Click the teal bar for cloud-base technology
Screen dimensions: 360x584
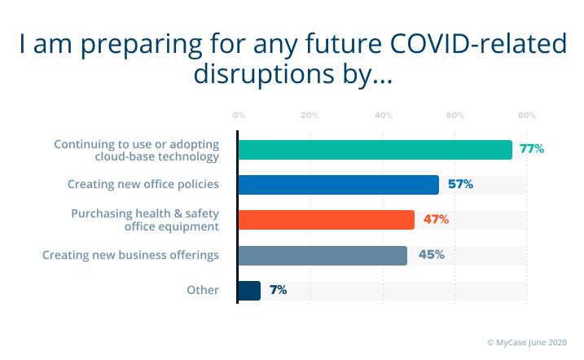click(375, 150)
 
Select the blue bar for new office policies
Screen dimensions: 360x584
click(338, 185)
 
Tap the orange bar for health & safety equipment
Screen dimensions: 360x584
click(326, 220)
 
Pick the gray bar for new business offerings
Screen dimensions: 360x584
click(323, 255)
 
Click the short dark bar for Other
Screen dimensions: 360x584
click(249, 290)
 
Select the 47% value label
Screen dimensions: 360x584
click(435, 219)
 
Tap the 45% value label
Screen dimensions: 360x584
click(431, 255)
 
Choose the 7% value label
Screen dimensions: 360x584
click(278, 290)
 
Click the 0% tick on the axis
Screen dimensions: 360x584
click(238, 115)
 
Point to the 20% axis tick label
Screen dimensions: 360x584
click(309, 115)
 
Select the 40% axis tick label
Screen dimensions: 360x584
click(382, 115)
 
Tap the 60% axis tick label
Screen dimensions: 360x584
click(454, 115)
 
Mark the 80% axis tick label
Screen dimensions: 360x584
click(526, 115)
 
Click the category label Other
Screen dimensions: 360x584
click(203, 290)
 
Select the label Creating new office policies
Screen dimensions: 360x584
click(143, 185)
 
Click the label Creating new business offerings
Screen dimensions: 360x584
click(131, 255)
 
